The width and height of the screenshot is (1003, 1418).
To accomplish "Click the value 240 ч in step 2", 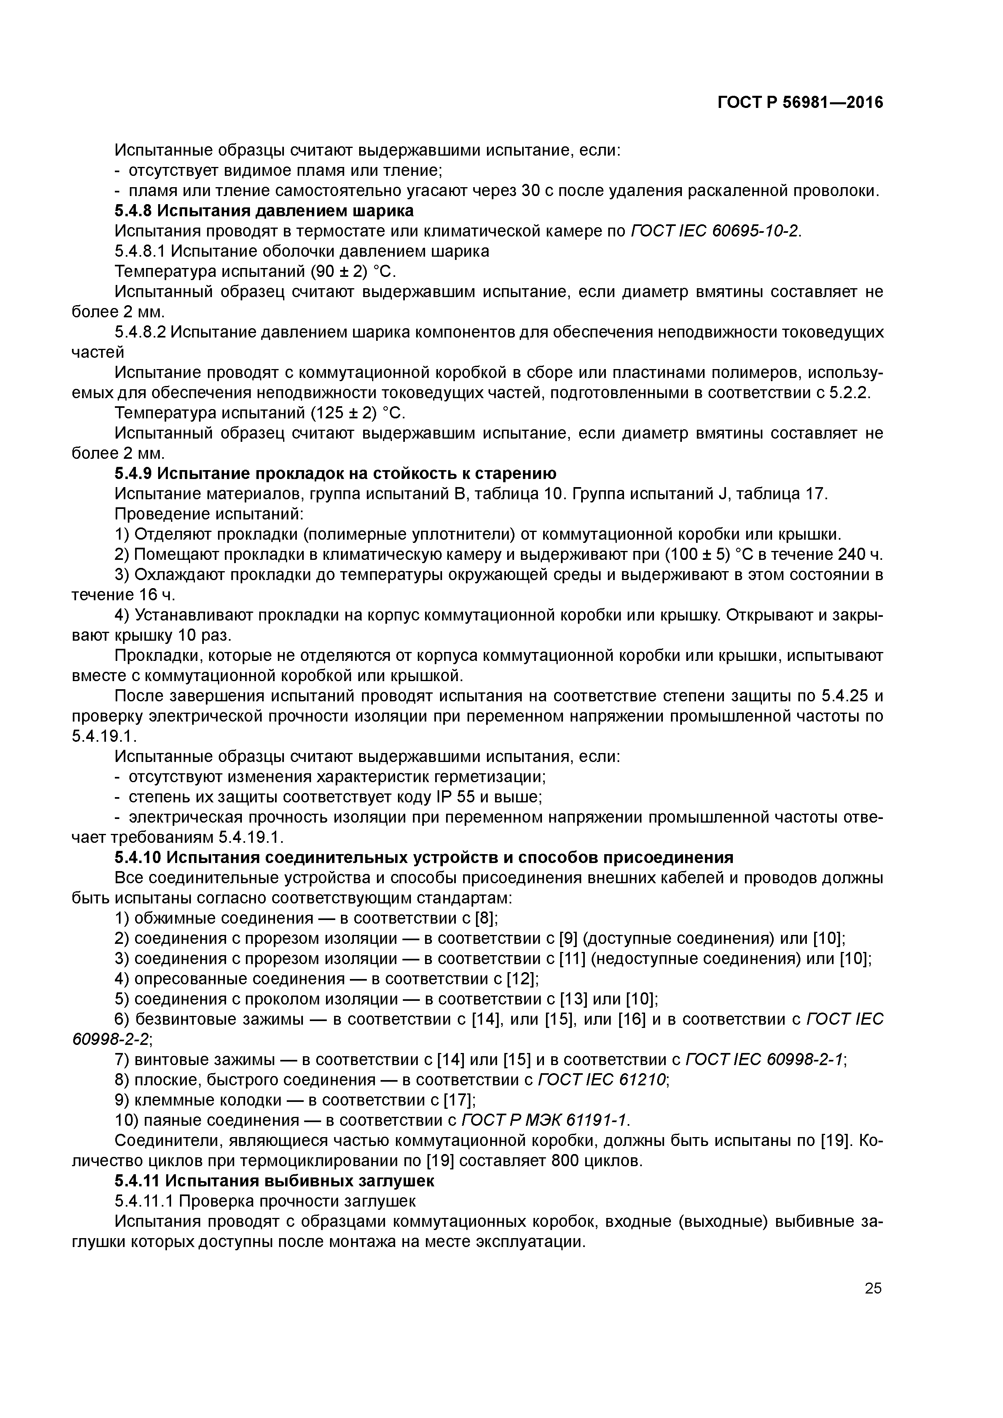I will click(860, 554).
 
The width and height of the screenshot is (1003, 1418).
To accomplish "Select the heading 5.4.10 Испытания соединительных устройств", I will click(423, 857).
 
